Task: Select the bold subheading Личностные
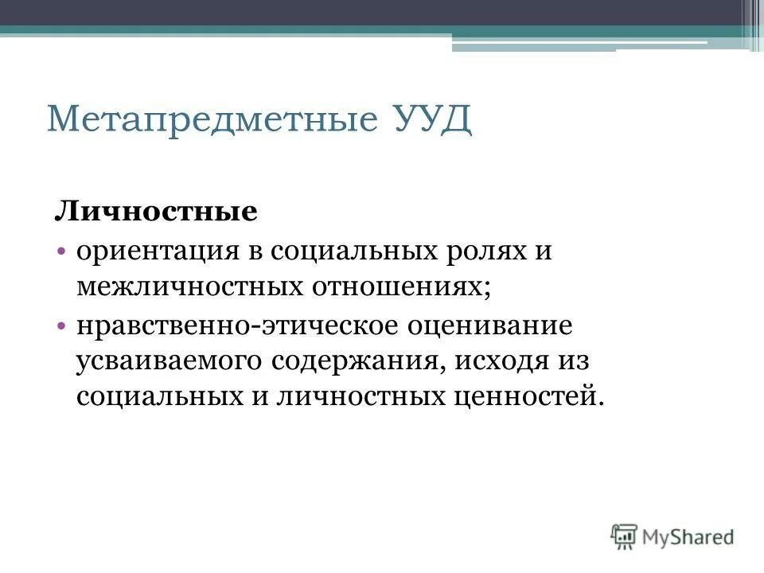[x=156, y=212]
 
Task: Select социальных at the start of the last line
[x=154, y=396]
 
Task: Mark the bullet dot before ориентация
[x=62, y=251]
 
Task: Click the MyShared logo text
[x=688, y=537]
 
